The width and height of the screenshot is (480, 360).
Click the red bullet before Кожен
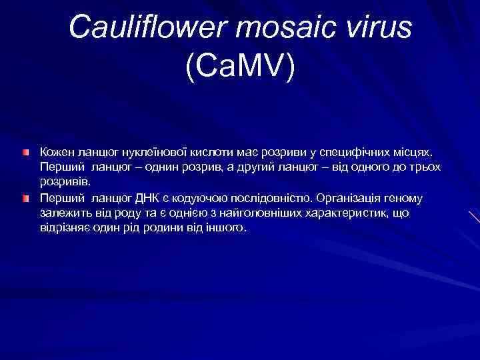(x=25, y=135)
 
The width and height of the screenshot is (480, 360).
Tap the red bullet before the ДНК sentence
(x=25, y=199)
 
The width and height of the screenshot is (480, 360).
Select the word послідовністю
(x=270, y=198)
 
